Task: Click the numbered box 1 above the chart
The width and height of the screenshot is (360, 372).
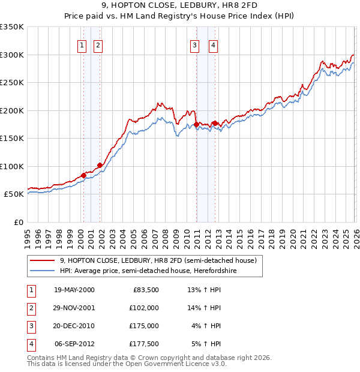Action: pyautogui.click(x=82, y=44)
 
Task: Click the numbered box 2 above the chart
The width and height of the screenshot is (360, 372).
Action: pyautogui.click(x=98, y=44)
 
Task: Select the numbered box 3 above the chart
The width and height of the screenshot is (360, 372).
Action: pyautogui.click(x=195, y=44)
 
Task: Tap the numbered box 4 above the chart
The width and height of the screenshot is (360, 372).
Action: pyautogui.click(x=213, y=44)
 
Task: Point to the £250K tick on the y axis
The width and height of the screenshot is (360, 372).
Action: pyautogui.click(x=12, y=82)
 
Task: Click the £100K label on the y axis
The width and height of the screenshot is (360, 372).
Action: pyautogui.click(x=12, y=166)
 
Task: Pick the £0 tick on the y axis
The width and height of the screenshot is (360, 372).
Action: pyautogui.click(x=17, y=222)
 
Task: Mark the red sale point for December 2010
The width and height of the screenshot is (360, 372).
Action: pyautogui.click(x=196, y=124)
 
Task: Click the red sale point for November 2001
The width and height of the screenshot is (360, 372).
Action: pyautogui.click(x=100, y=165)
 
